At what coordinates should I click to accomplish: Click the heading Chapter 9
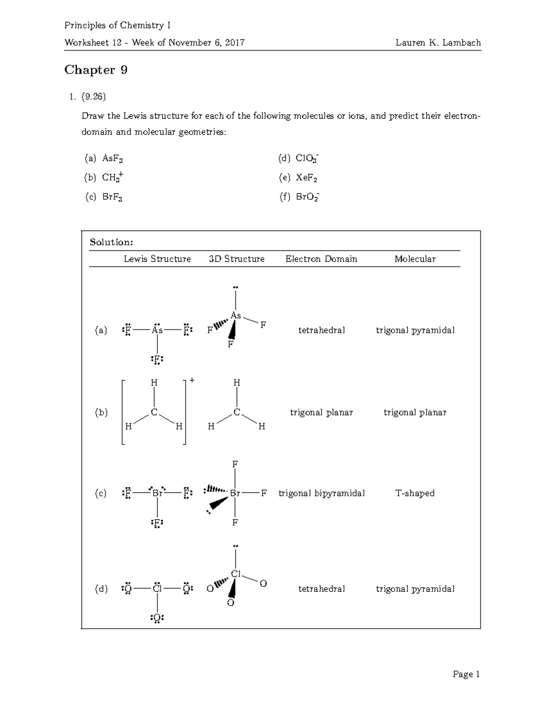(96, 70)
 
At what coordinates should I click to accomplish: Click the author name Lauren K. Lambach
(438, 43)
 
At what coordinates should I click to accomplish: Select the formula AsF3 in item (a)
(113, 159)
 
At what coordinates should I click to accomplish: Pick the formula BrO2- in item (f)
(307, 197)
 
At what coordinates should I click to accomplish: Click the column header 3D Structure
(237, 259)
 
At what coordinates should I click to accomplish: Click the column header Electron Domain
(321, 259)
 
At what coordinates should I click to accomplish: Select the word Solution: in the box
(111, 242)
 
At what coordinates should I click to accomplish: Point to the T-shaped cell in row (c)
(415, 493)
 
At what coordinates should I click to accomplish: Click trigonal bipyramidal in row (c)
(321, 493)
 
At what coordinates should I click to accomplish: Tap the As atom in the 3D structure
(236, 315)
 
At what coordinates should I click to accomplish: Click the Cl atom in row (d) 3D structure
(236, 574)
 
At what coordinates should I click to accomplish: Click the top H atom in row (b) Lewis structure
(154, 383)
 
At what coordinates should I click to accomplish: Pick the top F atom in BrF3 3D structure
(235, 465)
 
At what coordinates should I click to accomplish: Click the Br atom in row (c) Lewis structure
(158, 493)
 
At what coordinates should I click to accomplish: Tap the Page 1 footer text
(466, 674)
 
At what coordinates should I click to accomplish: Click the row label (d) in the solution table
(101, 589)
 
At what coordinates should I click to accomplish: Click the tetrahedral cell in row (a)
(321, 330)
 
